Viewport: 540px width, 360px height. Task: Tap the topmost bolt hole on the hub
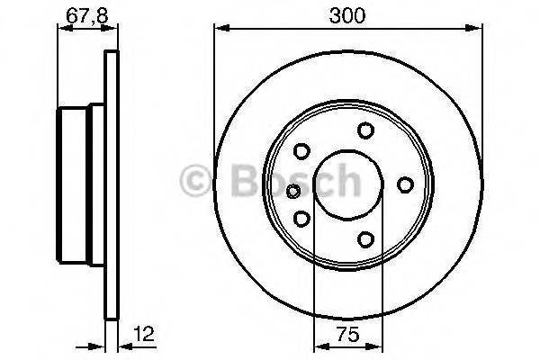[x=365, y=131]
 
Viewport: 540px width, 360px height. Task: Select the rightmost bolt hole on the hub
[x=405, y=184]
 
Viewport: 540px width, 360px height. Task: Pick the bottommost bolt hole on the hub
[x=365, y=238]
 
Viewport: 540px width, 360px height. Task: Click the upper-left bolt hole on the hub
[x=302, y=151]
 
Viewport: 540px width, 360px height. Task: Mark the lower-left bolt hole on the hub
[x=302, y=218]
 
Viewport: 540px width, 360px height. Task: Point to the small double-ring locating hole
[x=292, y=190]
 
